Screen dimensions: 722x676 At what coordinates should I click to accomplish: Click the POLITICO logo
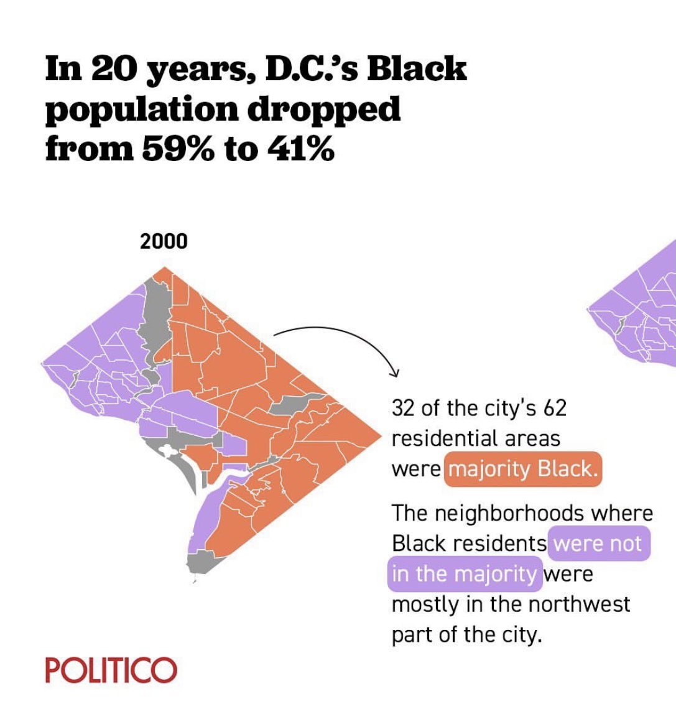pyautogui.click(x=111, y=670)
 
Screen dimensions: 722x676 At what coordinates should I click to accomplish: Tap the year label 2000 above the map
pyautogui.click(x=163, y=241)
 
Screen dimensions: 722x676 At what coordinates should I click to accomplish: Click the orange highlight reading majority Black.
pyautogui.click(x=522, y=468)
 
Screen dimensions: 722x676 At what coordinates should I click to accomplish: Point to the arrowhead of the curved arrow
pyautogui.click(x=394, y=373)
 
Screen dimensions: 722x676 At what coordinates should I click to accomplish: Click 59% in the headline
pyautogui.click(x=178, y=150)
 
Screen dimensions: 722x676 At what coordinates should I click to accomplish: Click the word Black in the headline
pyautogui.click(x=416, y=68)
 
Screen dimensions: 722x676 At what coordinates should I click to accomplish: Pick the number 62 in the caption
pyautogui.click(x=555, y=409)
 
